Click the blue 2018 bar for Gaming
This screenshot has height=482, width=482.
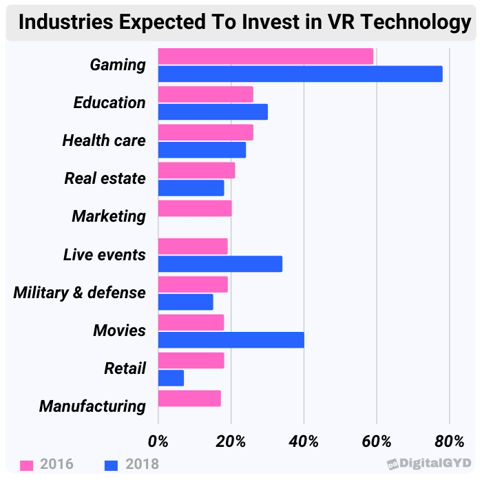click(x=300, y=74)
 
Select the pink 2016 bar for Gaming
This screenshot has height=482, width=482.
click(x=266, y=56)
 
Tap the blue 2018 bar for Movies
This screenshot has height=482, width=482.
click(x=231, y=339)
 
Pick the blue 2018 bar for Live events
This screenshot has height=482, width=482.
click(x=220, y=264)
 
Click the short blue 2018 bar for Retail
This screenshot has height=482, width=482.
click(x=171, y=377)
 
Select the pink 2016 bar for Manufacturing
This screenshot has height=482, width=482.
click(x=189, y=398)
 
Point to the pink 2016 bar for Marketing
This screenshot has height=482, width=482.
click(x=195, y=209)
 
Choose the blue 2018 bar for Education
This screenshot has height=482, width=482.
click(x=213, y=112)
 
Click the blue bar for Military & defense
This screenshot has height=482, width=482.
click(x=186, y=302)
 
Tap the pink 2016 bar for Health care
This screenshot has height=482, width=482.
click(x=206, y=132)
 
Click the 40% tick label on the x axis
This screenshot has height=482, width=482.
click(x=304, y=441)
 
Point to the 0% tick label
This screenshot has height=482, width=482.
click(x=158, y=441)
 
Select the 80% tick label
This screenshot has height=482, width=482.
click(x=449, y=441)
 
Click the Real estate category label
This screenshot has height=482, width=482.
click(x=105, y=178)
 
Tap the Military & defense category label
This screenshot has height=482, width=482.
click(x=79, y=292)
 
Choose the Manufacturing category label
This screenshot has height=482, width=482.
click(x=92, y=406)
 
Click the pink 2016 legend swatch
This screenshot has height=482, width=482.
click(x=28, y=465)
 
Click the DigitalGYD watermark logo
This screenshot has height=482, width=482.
click(x=430, y=464)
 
